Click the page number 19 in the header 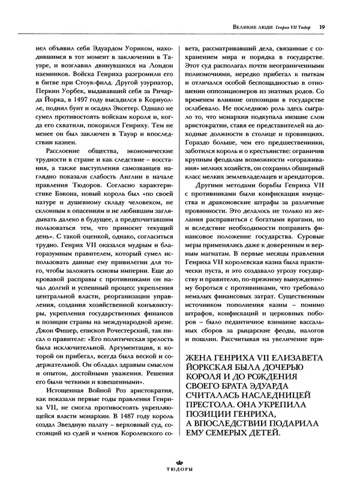tap(322, 26)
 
